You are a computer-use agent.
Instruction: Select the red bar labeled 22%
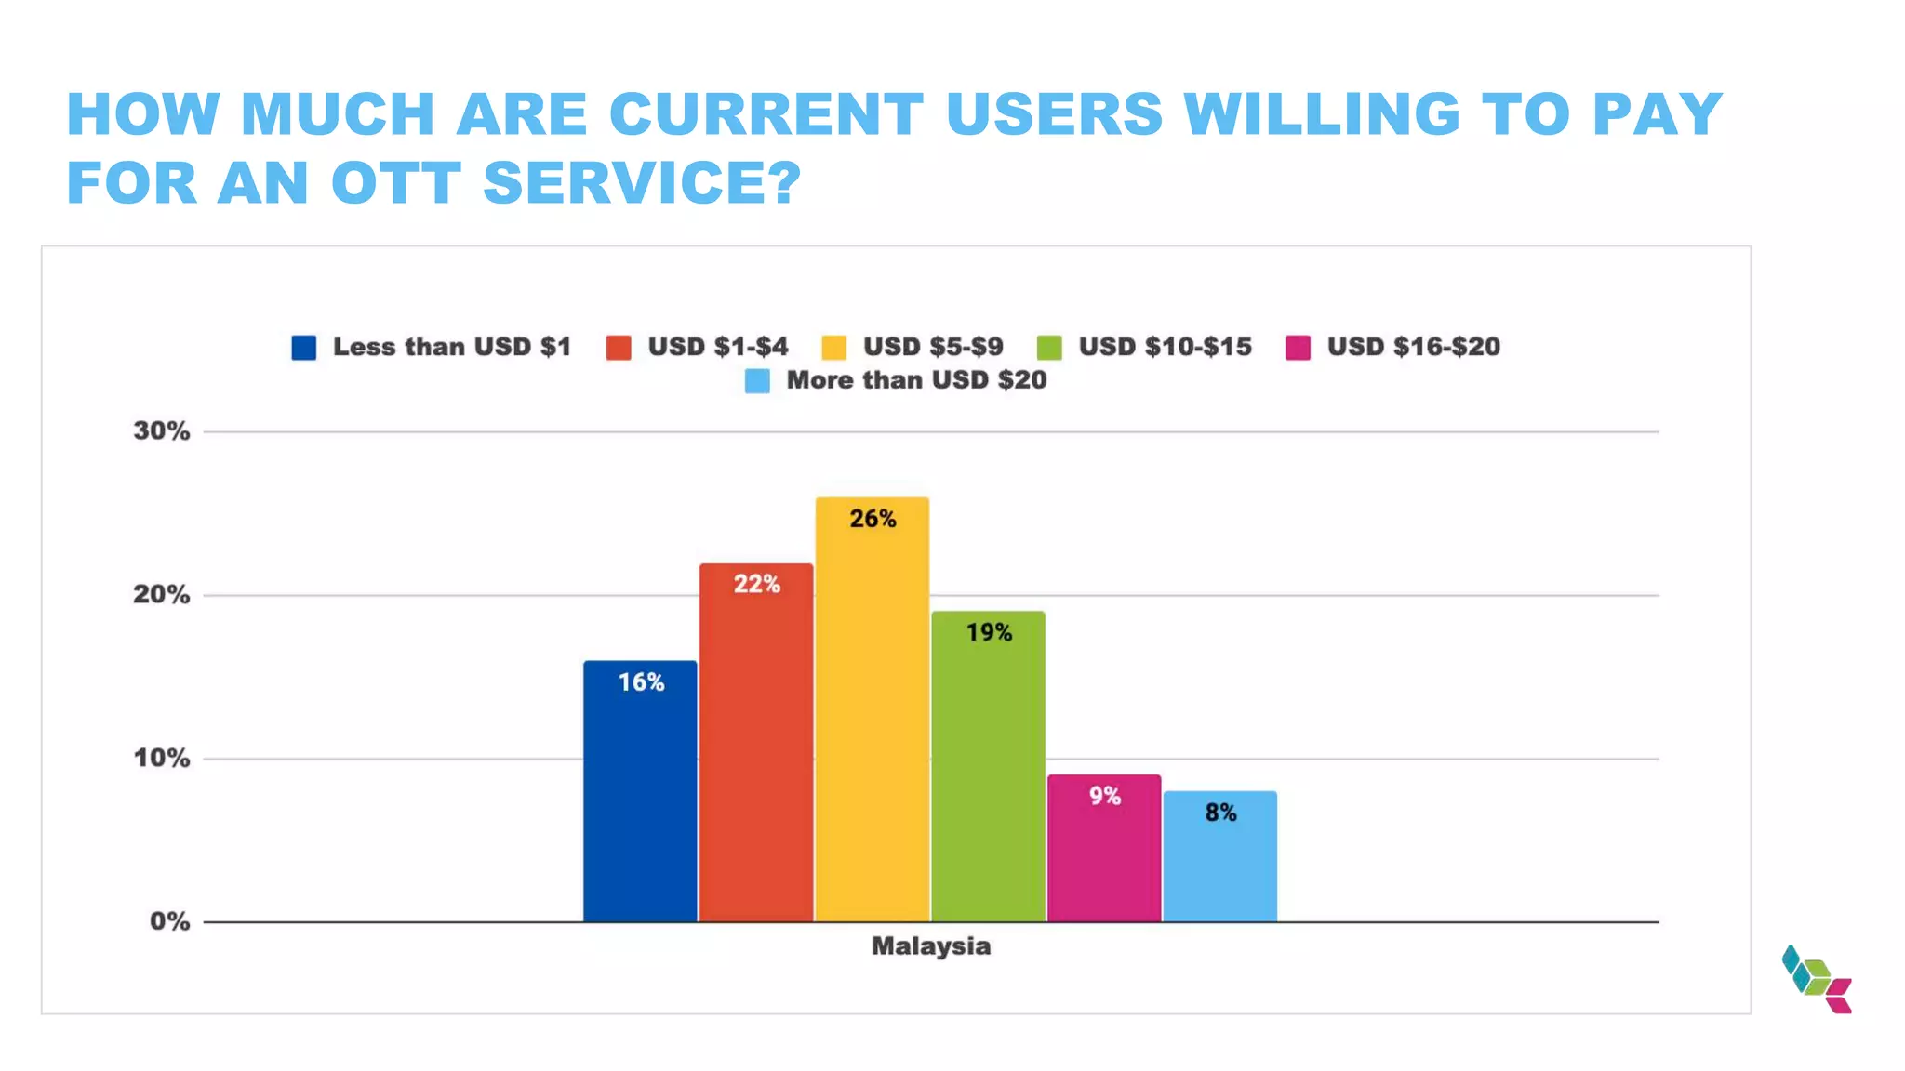pyautogui.click(x=755, y=744)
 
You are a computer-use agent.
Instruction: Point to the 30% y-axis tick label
pyautogui.click(x=161, y=431)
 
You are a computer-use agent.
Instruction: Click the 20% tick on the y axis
pyautogui.click(x=161, y=595)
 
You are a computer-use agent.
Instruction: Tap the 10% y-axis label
pyautogui.click(x=161, y=759)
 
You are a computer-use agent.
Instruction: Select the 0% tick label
pyautogui.click(x=169, y=922)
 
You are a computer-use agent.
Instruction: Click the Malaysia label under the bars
pyautogui.click(x=930, y=946)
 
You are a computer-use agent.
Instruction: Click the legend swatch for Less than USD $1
pyautogui.click(x=303, y=348)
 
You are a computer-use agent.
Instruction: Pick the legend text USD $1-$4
pyautogui.click(x=717, y=347)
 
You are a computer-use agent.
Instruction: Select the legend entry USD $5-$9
pyautogui.click(x=932, y=347)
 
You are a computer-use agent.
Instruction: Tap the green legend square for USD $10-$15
pyautogui.click(x=1049, y=348)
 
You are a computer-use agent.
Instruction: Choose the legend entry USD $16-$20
pyautogui.click(x=1412, y=347)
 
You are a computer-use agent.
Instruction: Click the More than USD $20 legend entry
pyautogui.click(x=915, y=380)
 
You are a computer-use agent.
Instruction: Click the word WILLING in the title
pyautogui.click(x=1322, y=114)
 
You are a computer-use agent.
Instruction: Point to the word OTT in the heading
pyautogui.click(x=396, y=182)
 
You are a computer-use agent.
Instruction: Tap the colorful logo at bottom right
pyautogui.click(x=1817, y=979)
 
